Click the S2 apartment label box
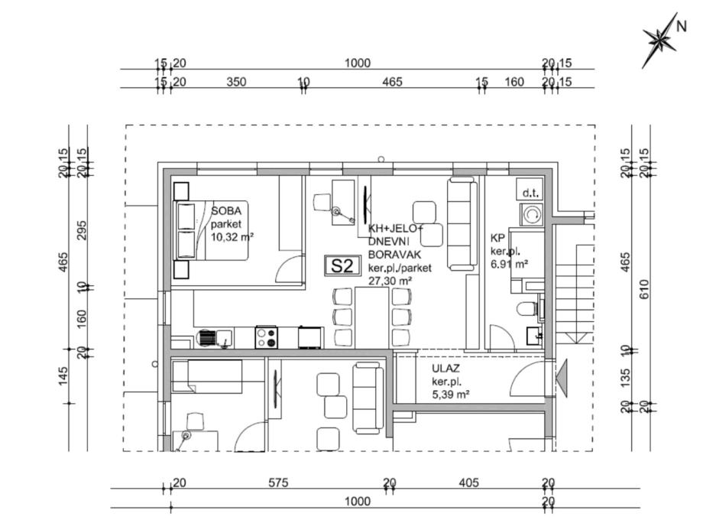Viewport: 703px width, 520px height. pos(342,265)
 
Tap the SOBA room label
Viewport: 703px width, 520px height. pos(226,211)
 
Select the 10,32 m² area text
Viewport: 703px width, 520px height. pos(232,236)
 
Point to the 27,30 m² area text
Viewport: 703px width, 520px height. pos(390,281)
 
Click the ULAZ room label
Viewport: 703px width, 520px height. pos(445,369)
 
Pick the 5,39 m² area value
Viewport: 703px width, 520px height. pos(451,395)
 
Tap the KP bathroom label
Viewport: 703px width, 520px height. pos(497,238)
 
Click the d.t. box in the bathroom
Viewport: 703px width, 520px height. pos(530,188)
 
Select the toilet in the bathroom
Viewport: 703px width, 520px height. pos(527,309)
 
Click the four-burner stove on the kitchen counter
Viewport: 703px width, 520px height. pos(267,337)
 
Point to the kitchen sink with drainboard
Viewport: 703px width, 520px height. pos(215,338)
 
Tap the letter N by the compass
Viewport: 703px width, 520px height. pos(681,27)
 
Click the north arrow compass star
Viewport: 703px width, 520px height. pos(659,41)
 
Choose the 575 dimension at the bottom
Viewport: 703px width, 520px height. pos(278,483)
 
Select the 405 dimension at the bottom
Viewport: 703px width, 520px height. pos(469,483)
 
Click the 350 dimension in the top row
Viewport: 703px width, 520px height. pos(236,82)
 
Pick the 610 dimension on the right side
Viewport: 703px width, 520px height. pos(644,290)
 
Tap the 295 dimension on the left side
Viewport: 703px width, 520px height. pos(82,230)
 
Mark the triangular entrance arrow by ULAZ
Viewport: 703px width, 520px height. pos(562,379)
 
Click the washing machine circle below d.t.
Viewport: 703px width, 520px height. pos(532,214)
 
